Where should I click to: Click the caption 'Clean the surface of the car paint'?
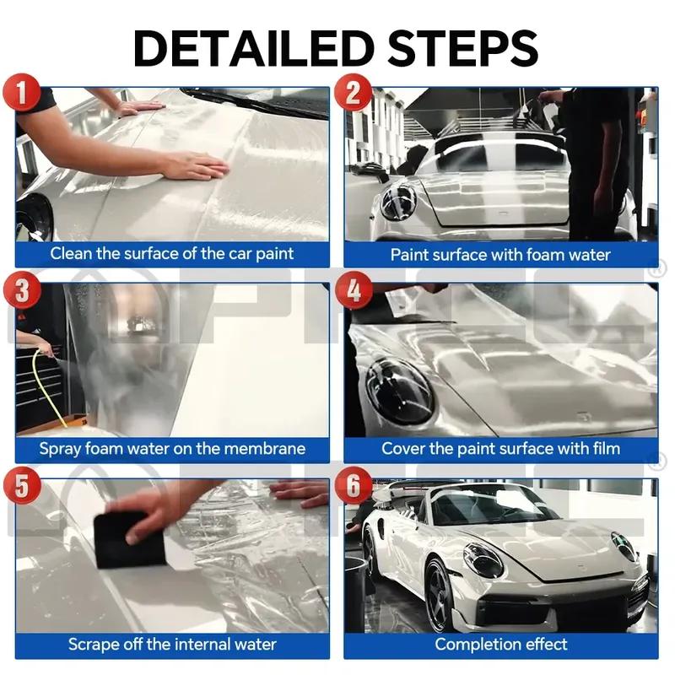click(172, 253)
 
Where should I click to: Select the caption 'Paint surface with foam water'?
click(500, 253)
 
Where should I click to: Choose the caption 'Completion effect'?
click(500, 645)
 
